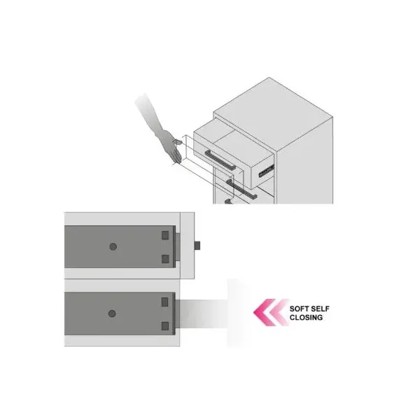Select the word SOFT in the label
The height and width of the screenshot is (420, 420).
pos(302,308)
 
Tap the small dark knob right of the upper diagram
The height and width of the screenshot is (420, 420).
pos(198,246)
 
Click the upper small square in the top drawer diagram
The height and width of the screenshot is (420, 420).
pos(166,234)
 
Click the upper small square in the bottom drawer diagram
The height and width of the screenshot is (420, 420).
pos(166,302)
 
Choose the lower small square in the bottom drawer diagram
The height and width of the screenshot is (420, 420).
pos(166,325)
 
